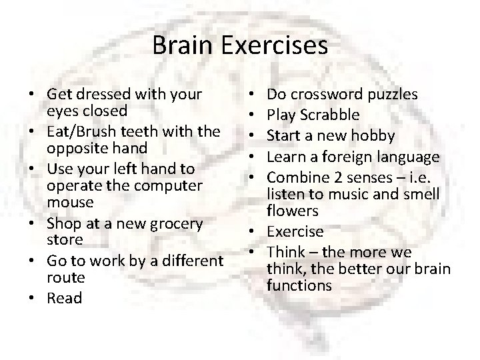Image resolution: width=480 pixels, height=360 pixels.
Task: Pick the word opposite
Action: pyautogui.click(x=75, y=146)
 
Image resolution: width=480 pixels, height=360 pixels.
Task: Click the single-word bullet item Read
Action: pyautogui.click(x=65, y=298)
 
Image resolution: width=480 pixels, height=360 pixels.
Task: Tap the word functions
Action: pyautogui.click(x=299, y=285)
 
